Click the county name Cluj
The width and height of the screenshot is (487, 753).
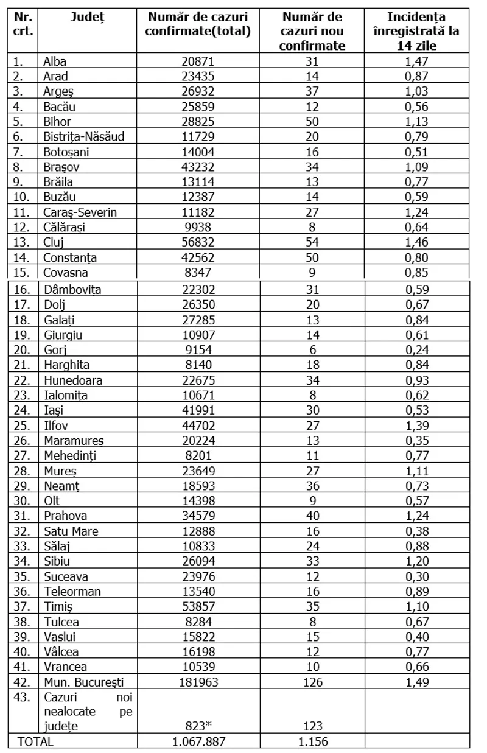click(54, 242)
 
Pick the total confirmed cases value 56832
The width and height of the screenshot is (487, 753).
click(198, 242)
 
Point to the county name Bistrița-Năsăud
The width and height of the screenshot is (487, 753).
click(84, 137)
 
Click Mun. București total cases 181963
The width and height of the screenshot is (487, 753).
click(198, 682)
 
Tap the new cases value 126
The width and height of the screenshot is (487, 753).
click(313, 682)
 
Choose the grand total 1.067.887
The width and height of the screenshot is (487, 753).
click(198, 742)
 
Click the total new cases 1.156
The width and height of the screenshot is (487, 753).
click(313, 742)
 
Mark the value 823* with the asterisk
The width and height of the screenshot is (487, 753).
click(198, 726)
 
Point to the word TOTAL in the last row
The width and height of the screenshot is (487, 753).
click(35, 742)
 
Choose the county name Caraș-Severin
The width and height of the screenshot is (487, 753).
click(80, 212)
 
